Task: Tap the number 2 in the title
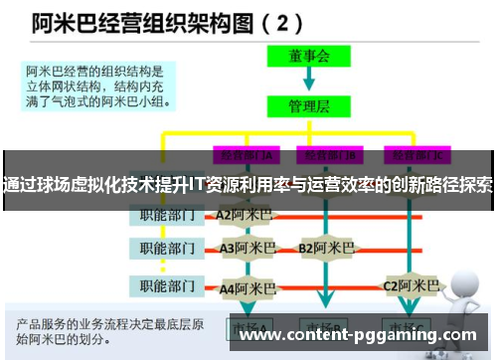(x=284, y=21)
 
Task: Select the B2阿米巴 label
(x=326, y=249)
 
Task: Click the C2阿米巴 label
(x=411, y=286)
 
